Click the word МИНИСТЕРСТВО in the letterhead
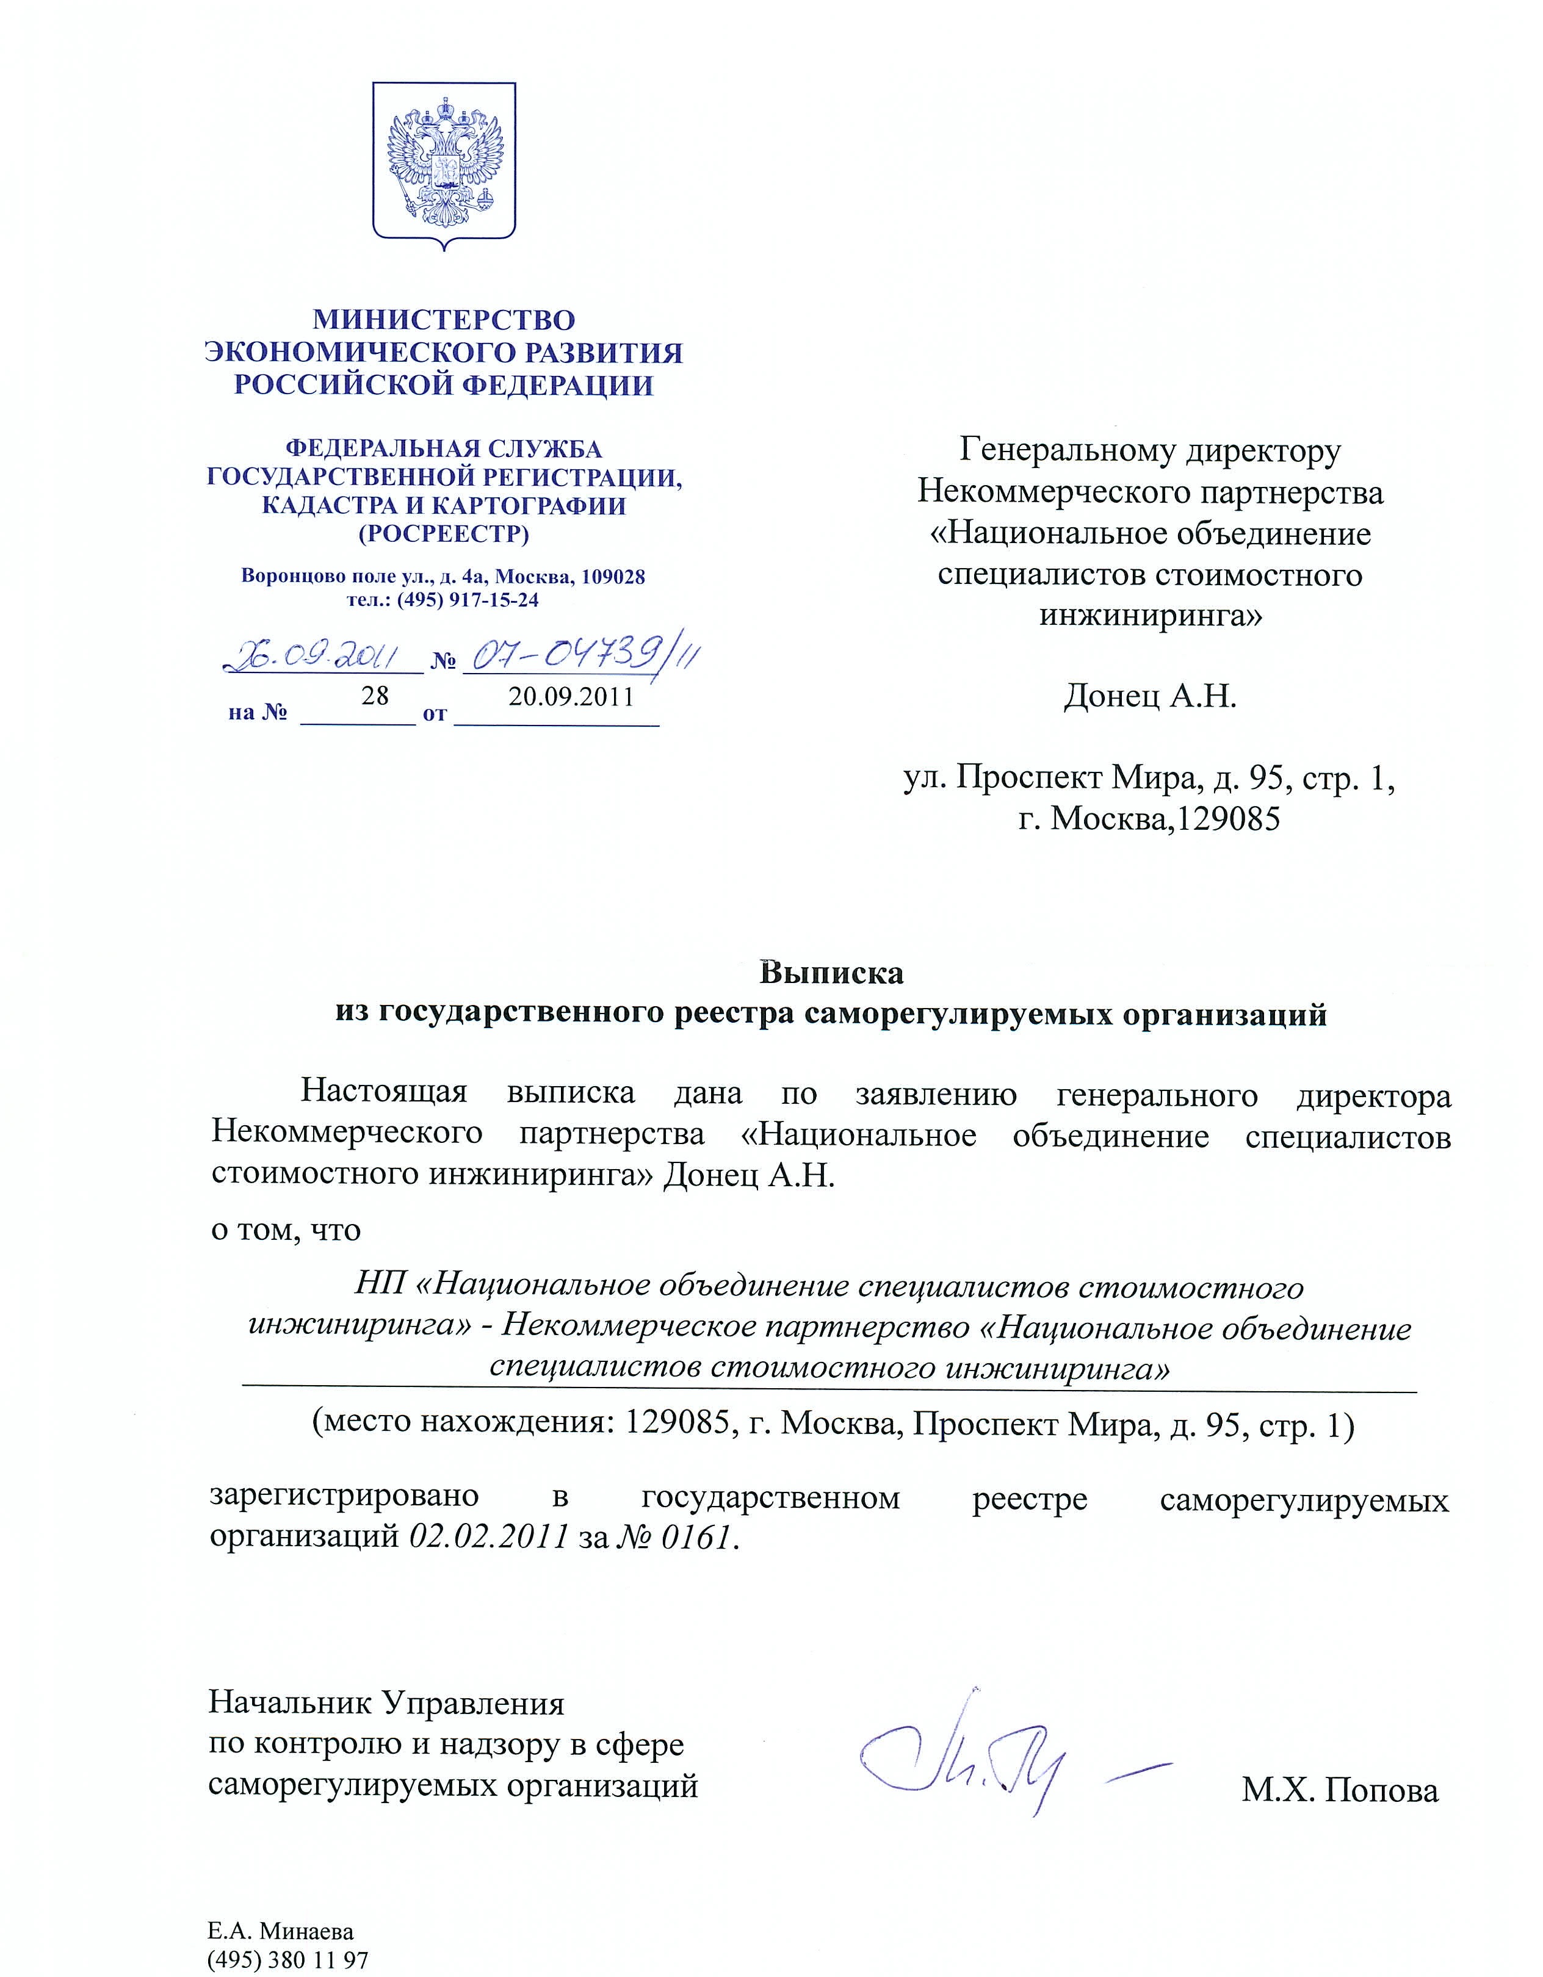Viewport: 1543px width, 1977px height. tap(444, 320)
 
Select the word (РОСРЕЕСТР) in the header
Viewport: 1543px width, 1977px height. tap(444, 534)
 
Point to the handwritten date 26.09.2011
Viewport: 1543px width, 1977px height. tap(316, 657)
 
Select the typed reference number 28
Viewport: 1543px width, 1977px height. tap(374, 696)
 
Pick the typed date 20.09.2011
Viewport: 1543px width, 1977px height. tap(571, 697)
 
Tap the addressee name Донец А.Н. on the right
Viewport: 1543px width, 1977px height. tap(1149, 696)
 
